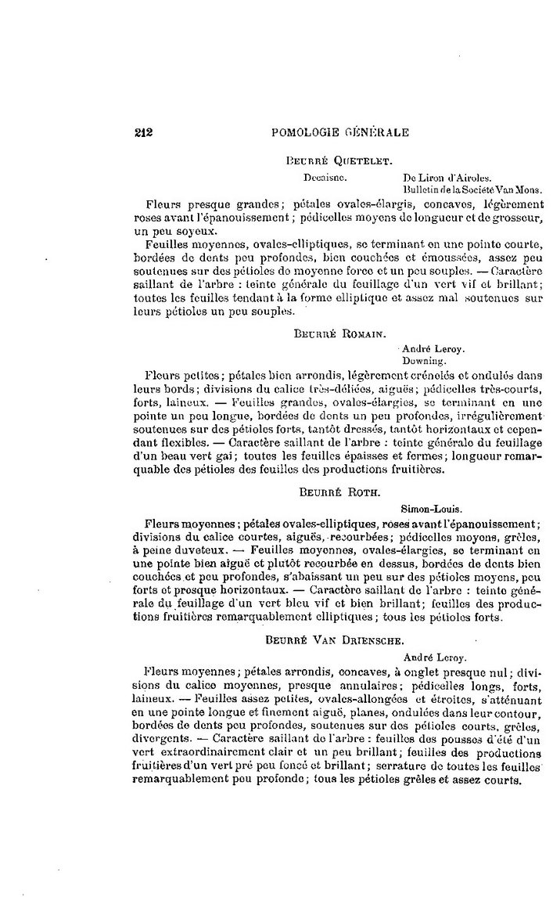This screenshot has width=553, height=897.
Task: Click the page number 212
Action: point(143,133)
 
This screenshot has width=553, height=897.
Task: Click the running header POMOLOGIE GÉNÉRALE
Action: point(339,133)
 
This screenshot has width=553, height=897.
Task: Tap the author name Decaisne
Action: point(320,177)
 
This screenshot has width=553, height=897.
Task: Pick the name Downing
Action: point(423,362)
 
